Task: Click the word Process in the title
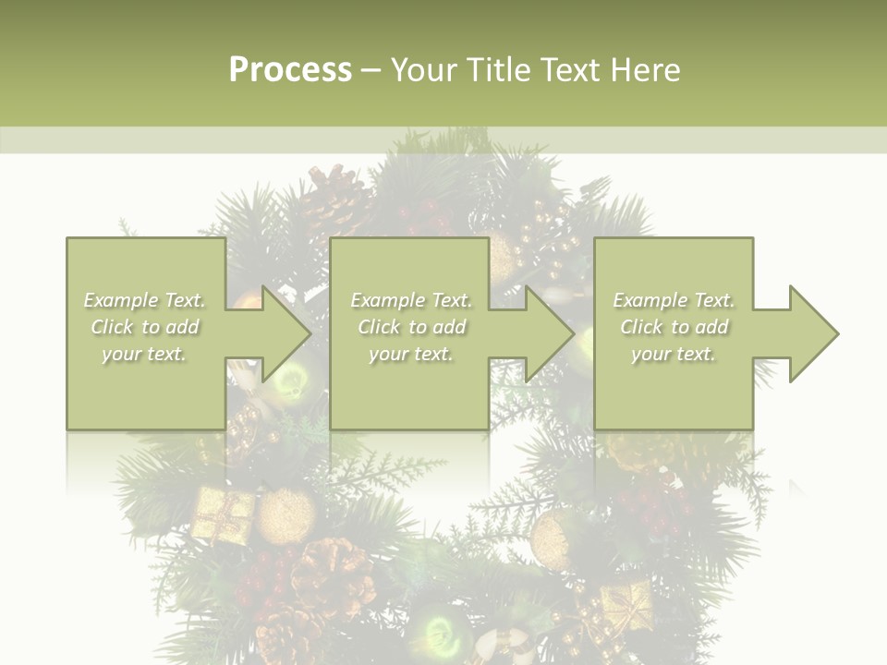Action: point(290,70)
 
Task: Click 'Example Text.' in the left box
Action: point(145,300)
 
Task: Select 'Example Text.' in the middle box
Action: point(411,300)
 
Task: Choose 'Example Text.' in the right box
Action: point(674,300)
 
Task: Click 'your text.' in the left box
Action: point(144,354)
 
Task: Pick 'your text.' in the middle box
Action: point(410,354)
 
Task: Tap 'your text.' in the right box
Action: point(674,354)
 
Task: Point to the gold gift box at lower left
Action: point(222,514)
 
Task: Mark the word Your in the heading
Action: point(423,70)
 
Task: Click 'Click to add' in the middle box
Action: point(411,327)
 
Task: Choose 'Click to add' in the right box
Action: point(674,327)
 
